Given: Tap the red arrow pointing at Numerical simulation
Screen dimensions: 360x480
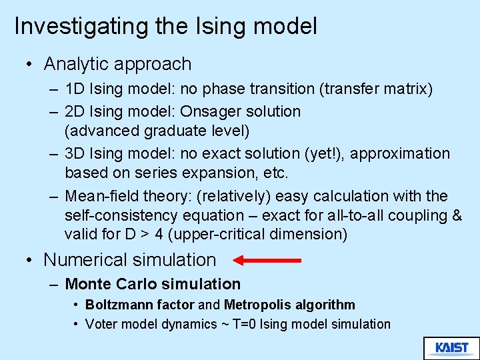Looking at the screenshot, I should pos(267,260).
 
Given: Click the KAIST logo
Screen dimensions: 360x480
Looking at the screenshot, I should pos(451,348).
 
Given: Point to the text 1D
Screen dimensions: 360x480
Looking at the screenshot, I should pos(75,89).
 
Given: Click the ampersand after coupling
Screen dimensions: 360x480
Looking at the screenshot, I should pos(456,216).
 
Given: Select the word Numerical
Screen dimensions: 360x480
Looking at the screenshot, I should pos(87,260).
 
